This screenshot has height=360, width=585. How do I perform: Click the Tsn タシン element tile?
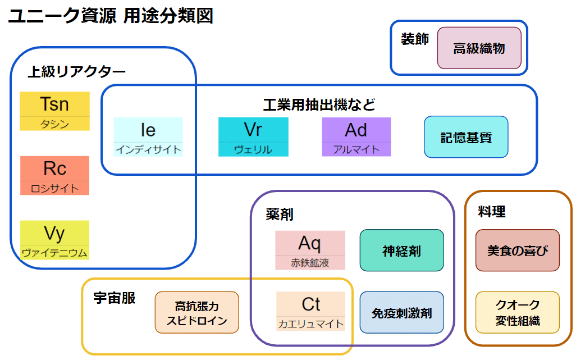click(54, 111)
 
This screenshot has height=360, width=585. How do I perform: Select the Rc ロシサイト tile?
click(54, 175)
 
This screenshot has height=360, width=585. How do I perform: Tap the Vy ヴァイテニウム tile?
click(54, 240)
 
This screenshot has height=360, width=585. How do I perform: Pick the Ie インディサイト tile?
click(148, 136)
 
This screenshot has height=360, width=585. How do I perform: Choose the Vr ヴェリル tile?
click(253, 136)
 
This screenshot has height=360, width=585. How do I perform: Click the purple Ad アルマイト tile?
click(356, 136)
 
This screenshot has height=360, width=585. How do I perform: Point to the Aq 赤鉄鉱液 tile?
click(310, 250)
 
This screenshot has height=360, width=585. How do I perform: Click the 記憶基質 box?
click(466, 136)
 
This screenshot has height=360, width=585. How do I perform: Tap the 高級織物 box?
click(479, 48)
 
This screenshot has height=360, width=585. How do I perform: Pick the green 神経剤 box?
click(401, 250)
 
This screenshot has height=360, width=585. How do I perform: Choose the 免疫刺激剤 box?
click(401, 312)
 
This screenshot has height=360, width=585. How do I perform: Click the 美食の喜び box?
click(517, 250)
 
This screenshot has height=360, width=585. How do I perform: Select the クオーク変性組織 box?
click(517, 312)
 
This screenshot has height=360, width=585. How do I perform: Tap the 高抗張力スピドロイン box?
click(196, 312)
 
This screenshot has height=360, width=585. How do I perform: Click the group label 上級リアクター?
click(76, 71)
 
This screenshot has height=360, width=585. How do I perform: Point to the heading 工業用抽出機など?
click(319, 104)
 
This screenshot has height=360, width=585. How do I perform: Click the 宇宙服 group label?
click(114, 298)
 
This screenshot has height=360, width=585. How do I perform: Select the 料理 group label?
click(491, 211)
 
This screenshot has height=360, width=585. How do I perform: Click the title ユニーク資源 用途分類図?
click(110, 16)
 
